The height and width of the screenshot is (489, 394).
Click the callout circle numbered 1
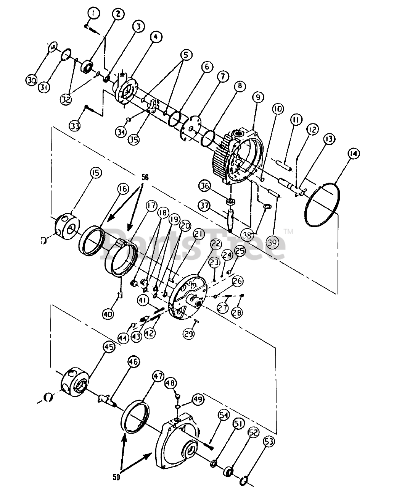[93, 13]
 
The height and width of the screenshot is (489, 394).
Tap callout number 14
[353, 153]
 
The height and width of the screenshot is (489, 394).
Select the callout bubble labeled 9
[258, 97]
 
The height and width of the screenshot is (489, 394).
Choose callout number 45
[108, 347]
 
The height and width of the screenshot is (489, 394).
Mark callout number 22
[216, 243]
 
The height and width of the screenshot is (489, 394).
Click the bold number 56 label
[145, 177]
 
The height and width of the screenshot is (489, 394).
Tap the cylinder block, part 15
[68, 227]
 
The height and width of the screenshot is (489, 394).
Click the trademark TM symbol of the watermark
[289, 232]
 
